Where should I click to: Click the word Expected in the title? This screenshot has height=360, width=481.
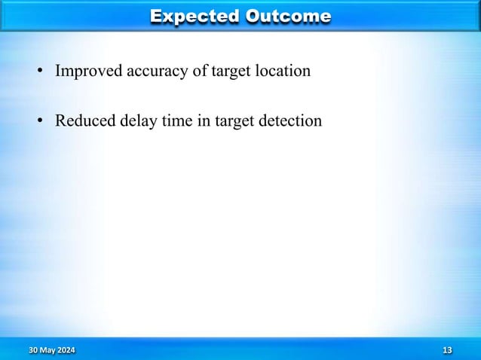point(194,16)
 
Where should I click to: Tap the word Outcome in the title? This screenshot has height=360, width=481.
point(288,16)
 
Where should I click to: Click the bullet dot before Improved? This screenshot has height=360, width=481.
point(42,73)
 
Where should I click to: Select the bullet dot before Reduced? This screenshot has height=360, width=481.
point(42,121)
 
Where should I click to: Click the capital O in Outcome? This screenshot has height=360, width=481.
point(254,16)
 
